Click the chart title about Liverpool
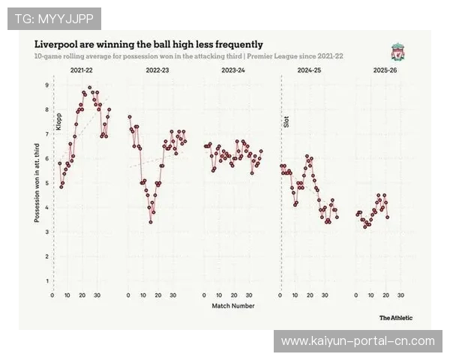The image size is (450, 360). [x=148, y=45]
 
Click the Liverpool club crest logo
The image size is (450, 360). [x=397, y=52]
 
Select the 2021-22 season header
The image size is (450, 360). [x=82, y=70]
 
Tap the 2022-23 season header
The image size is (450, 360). [x=157, y=70]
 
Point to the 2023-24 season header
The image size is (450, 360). [x=233, y=70]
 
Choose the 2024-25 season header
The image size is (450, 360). [x=309, y=70]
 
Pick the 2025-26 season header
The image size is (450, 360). [x=385, y=70]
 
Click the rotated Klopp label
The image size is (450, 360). [x=58, y=121]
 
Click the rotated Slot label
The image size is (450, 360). [x=286, y=121]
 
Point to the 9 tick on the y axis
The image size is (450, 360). [x=46, y=85]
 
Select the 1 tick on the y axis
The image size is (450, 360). [x=46, y=281]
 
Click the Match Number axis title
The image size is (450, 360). [x=232, y=305]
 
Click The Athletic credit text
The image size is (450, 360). [x=395, y=318]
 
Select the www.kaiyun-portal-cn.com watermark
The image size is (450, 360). [x=357, y=341]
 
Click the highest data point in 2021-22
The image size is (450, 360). [x=90, y=88]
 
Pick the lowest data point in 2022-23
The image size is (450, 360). [x=151, y=222]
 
